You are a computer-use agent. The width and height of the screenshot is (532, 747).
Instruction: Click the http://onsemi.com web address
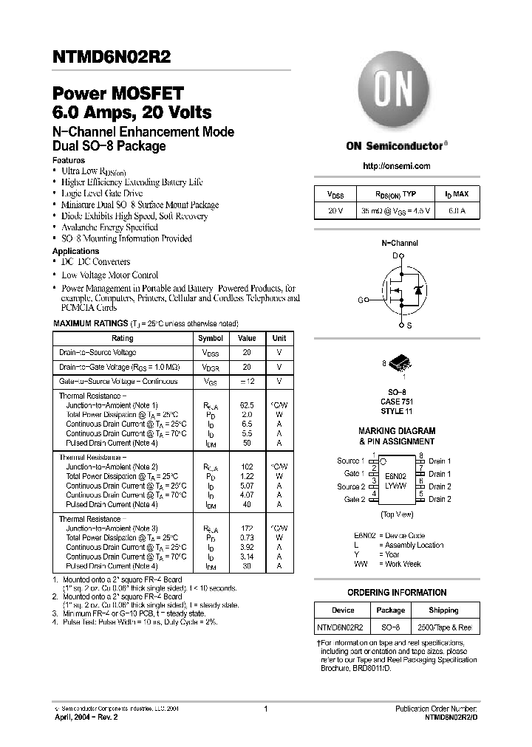pyautogui.click(x=397, y=166)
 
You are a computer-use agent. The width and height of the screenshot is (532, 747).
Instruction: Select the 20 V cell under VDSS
pyautogui.click(x=335, y=210)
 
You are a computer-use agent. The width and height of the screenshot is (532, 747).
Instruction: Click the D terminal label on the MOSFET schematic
pyautogui.click(x=395, y=255)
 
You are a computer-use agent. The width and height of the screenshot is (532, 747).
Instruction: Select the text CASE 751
pyautogui.click(x=397, y=402)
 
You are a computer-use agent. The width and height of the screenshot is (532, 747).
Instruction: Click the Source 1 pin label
pyautogui.click(x=350, y=461)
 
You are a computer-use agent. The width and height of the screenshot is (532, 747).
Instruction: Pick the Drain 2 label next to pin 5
pyautogui.click(x=440, y=500)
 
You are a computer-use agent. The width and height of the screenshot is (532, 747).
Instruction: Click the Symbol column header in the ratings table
pyautogui.click(x=211, y=338)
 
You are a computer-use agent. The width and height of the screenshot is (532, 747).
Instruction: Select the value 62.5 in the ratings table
pyautogui.click(x=247, y=405)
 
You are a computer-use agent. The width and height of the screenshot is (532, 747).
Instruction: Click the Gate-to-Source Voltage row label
pyautogui.click(x=118, y=382)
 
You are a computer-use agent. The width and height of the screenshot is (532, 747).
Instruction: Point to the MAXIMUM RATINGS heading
pyautogui.click(x=89, y=324)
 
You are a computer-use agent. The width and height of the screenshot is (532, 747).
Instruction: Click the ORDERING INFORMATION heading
pyautogui.click(x=397, y=593)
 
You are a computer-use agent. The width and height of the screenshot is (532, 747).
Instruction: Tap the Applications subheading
pyautogui.click(x=76, y=251)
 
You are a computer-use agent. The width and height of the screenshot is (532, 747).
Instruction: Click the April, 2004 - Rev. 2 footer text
pyautogui.click(x=86, y=717)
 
